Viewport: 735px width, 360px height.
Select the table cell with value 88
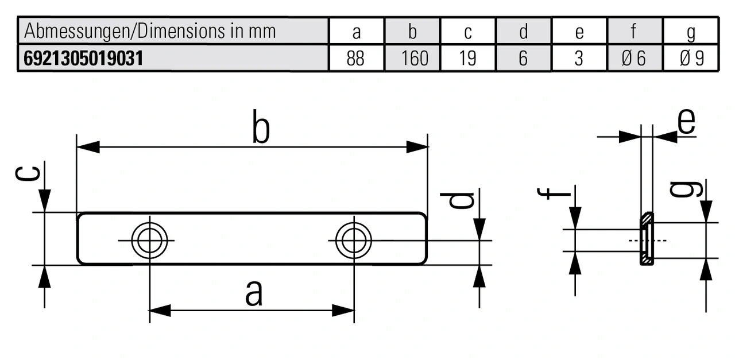[x=356, y=59]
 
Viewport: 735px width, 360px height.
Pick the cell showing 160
[x=412, y=59]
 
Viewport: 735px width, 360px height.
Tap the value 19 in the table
[x=467, y=59]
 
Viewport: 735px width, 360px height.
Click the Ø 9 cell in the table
[x=691, y=59]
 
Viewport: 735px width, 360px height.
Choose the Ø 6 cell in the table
[x=635, y=59]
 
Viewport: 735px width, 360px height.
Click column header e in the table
[x=579, y=32]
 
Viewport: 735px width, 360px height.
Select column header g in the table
[x=691, y=32]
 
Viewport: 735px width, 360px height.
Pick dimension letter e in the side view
[x=686, y=120]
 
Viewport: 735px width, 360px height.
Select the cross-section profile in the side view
[x=646, y=239]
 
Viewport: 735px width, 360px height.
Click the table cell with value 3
[x=579, y=59]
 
